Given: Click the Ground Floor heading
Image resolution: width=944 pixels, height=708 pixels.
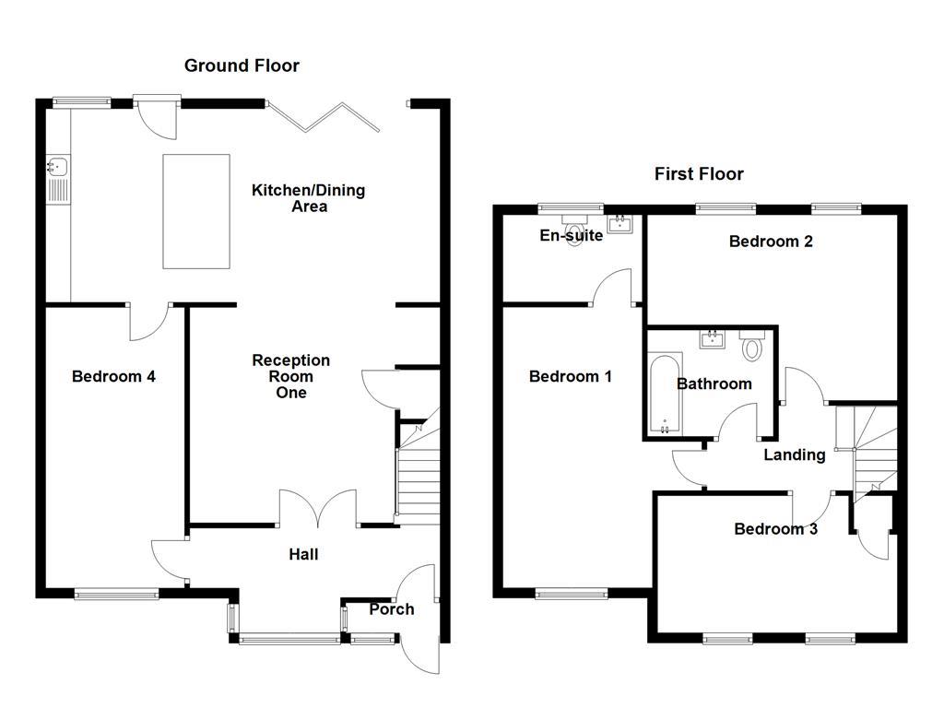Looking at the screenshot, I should pyautogui.click(x=242, y=65).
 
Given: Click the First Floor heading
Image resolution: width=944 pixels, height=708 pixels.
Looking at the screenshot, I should pyautogui.click(x=699, y=174).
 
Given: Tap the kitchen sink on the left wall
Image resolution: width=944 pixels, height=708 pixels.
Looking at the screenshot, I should pyautogui.click(x=55, y=168).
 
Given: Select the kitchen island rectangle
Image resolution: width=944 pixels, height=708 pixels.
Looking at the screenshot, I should pyautogui.click(x=195, y=211).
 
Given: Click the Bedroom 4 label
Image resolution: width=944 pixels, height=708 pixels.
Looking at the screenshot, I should pyautogui.click(x=113, y=376).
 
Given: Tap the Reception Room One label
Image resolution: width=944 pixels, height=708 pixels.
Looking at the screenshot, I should pyautogui.click(x=291, y=376).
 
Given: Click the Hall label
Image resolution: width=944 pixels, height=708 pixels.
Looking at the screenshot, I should pyautogui.click(x=303, y=554).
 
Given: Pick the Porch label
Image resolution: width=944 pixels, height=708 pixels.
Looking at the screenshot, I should pyautogui.click(x=391, y=609).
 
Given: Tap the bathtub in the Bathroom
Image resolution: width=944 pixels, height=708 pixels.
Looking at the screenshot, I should pyautogui.click(x=665, y=393).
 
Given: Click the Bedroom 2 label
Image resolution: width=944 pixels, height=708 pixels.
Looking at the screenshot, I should pyautogui.click(x=771, y=242).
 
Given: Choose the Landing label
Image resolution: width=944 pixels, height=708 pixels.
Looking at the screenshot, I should pyautogui.click(x=794, y=454).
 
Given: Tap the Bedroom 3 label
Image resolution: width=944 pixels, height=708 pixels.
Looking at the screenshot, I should pyautogui.click(x=775, y=529).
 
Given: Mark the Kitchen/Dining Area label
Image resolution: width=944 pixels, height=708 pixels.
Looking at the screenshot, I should pyautogui.click(x=309, y=198).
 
